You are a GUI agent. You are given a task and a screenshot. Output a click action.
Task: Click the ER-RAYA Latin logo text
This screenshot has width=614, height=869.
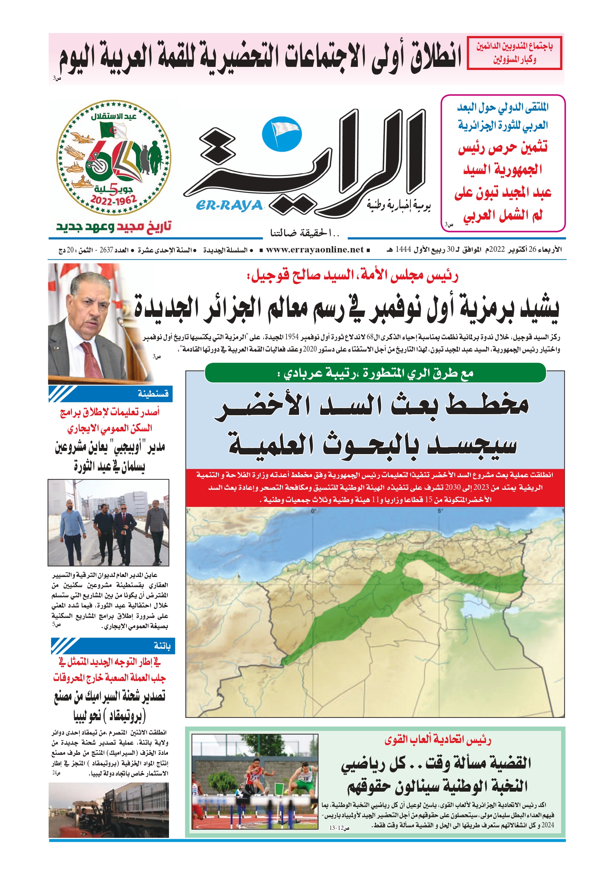[229, 206]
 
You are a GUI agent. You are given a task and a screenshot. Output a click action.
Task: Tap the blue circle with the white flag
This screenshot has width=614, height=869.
[282, 133]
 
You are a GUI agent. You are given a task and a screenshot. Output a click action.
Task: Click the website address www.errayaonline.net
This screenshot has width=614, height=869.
[315, 250]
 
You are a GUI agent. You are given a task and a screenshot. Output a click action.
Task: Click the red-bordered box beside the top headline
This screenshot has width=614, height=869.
[514, 53]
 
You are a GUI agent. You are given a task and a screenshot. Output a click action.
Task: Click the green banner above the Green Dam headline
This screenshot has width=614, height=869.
[375, 373]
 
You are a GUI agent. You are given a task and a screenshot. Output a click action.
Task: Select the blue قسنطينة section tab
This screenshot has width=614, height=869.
[111, 394]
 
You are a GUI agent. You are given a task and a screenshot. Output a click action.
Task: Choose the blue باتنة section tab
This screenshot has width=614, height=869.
[113, 646]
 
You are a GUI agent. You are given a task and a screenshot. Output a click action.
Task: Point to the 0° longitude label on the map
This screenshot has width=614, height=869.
[313, 511]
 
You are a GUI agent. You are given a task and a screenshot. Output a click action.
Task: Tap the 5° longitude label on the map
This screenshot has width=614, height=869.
[440, 511]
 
